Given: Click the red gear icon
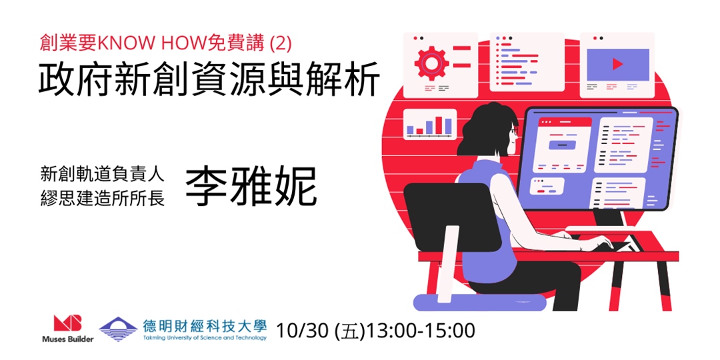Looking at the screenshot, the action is (431, 61).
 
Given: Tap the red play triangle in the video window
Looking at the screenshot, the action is (617, 64).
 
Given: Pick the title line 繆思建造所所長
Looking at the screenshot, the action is (103, 200).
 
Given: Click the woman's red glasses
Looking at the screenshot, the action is (514, 131).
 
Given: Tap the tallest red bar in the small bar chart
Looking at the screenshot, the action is (439, 125).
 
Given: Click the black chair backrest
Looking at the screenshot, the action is (452, 217).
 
